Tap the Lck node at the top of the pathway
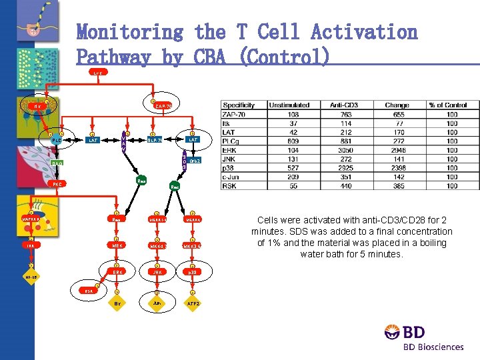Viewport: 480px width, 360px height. pyautogui.click(x=97, y=71)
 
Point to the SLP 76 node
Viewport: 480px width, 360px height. pyautogui.click(x=155, y=139)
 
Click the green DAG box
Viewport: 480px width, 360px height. pyautogui.click(x=58, y=163)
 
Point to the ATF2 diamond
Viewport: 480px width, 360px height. pyautogui.click(x=193, y=303)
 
